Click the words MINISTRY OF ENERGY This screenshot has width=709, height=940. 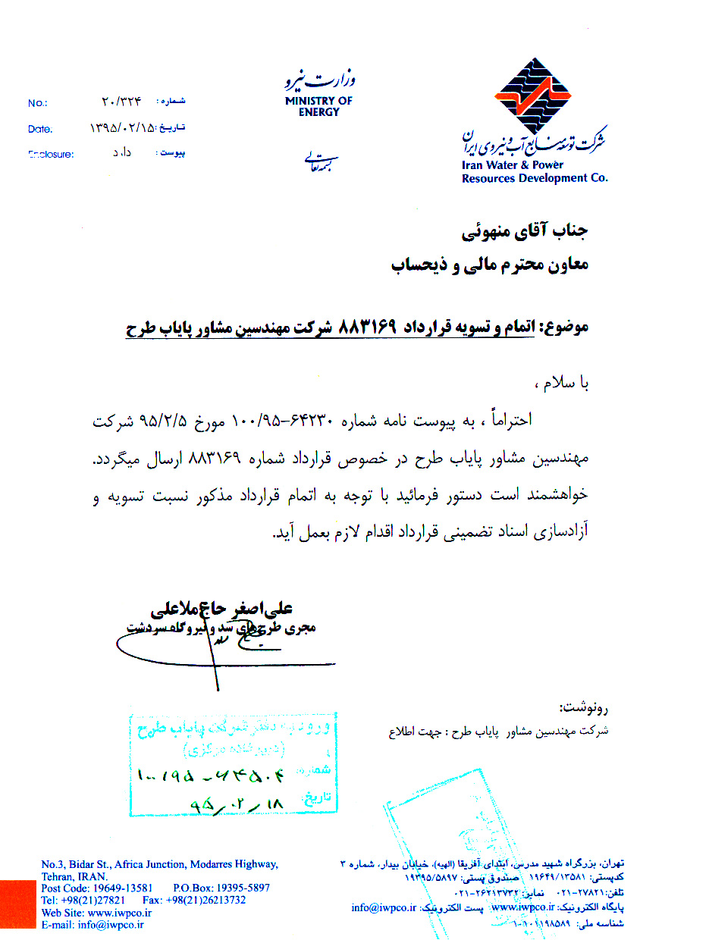pyautogui.click(x=318, y=106)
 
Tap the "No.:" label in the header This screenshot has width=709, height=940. pyautogui.click(x=38, y=103)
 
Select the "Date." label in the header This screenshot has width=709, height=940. pyautogui.click(x=40, y=129)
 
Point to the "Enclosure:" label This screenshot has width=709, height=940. pyautogui.click(x=51, y=155)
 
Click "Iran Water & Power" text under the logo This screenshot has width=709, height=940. pyautogui.click(x=513, y=165)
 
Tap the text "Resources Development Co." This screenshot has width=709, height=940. pyautogui.click(x=535, y=179)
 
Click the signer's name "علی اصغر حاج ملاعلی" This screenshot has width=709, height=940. pyautogui.click(x=223, y=609)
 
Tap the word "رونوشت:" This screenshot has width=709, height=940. pyautogui.click(x=584, y=709)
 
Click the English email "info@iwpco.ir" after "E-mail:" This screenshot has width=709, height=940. pyautogui.click(x=112, y=925)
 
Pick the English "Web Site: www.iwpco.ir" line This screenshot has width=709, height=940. pyautogui.click(x=96, y=913)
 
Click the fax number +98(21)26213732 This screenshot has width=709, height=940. pyautogui.click(x=213, y=900)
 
